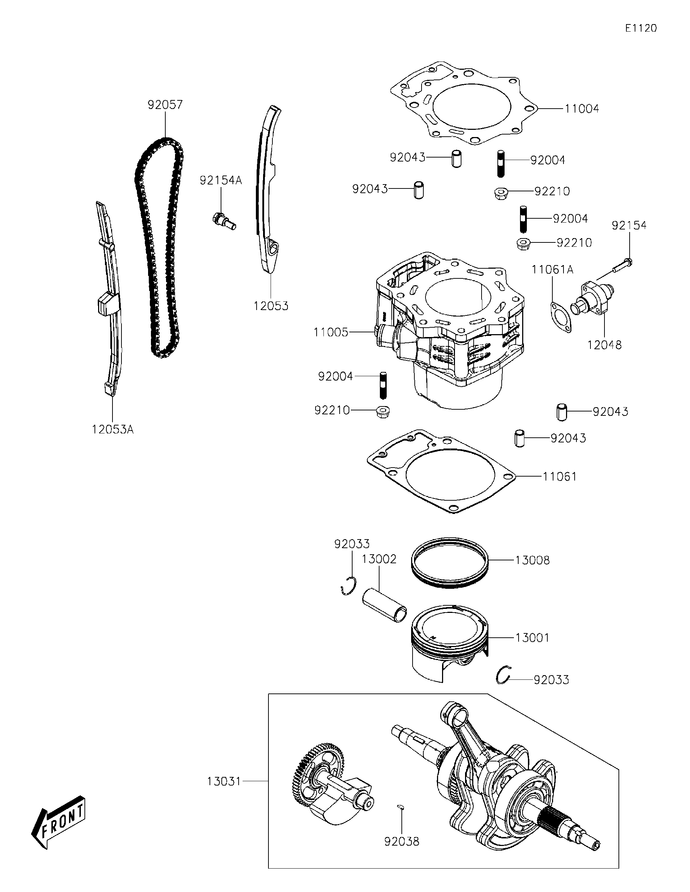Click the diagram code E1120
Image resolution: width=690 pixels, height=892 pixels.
(641, 28)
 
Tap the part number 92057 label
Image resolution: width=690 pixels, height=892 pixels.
(165, 105)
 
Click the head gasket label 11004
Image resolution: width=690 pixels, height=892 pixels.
(581, 109)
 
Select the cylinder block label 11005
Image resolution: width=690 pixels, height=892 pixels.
(331, 332)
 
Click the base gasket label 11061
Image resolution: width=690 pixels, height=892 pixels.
(560, 476)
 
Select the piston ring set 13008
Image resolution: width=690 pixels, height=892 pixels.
(449, 563)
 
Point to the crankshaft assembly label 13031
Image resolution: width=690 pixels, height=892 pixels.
(224, 781)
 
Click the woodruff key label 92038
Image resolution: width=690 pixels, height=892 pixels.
(401, 841)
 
